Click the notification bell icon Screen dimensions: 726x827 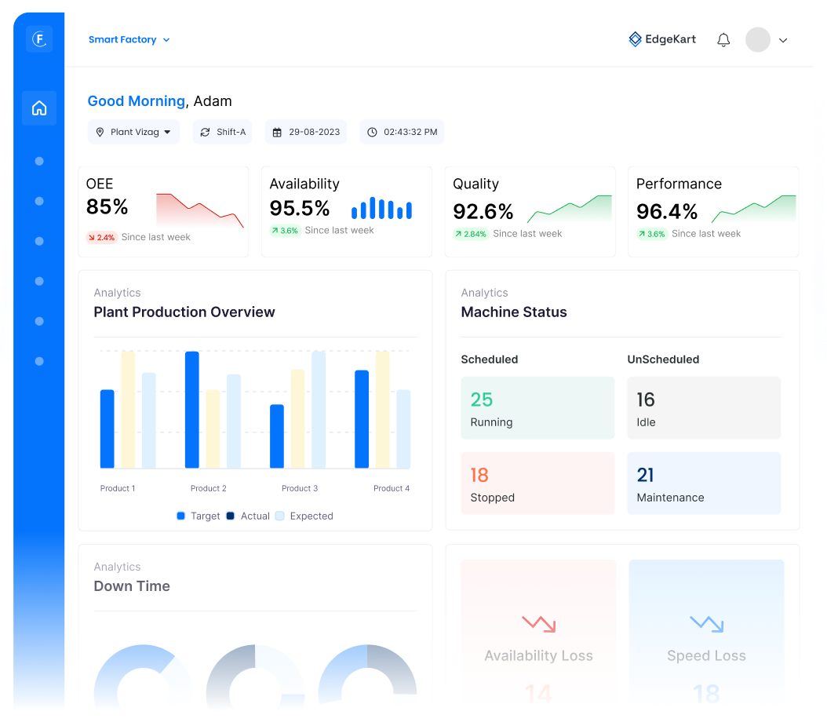pyautogui.click(x=723, y=40)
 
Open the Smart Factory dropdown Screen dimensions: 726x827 pyautogui.click(x=129, y=40)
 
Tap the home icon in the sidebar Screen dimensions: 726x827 pyautogui.click(x=39, y=108)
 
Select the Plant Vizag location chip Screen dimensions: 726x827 pyautogui.click(x=133, y=132)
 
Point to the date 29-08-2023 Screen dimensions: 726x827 pyautogui.click(x=307, y=132)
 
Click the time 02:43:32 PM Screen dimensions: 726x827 pyautogui.click(x=402, y=132)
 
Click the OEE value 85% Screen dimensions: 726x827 pyautogui.click(x=107, y=206)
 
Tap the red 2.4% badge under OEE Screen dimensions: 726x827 pyautogui.click(x=101, y=237)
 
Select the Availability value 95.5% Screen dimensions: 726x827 pyautogui.click(x=300, y=208)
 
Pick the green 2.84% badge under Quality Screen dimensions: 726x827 pyautogui.click(x=471, y=234)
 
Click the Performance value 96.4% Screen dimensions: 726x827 pyautogui.click(x=667, y=211)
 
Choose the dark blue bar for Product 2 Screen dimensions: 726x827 pyautogui.click(x=192, y=410)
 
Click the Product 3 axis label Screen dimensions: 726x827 pyautogui.click(x=300, y=488)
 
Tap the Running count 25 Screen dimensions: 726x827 pyautogui.click(x=482, y=399)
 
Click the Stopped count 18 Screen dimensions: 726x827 pyautogui.click(x=479, y=475)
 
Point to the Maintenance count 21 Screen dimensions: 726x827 pyautogui.click(x=646, y=475)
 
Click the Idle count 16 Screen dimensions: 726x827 pyautogui.click(x=646, y=399)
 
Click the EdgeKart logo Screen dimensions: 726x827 pyautogui.click(x=662, y=39)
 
